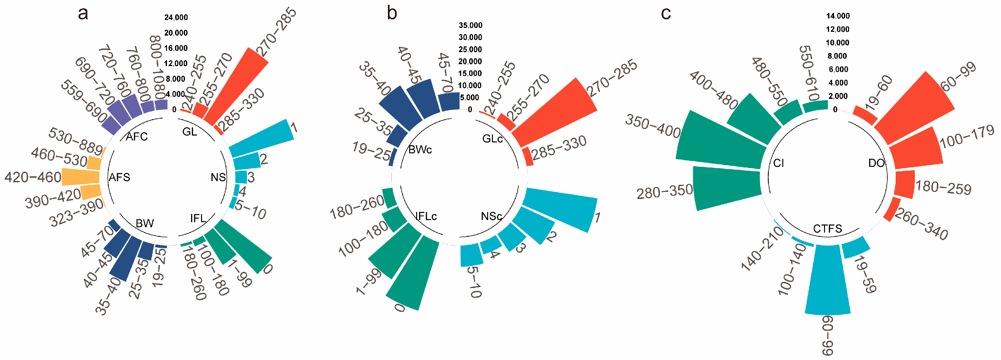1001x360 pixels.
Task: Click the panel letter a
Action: pyautogui.click(x=83, y=14)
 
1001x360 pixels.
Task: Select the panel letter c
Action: pyautogui.click(x=666, y=14)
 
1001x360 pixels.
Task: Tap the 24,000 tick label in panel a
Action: pyautogui.click(x=176, y=17)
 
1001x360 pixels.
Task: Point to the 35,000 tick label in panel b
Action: pyautogui.click(x=470, y=25)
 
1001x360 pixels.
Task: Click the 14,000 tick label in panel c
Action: pyautogui.click(x=838, y=16)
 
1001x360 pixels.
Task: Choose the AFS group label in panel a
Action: pyautogui.click(x=119, y=177)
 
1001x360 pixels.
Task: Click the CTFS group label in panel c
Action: pyautogui.click(x=827, y=229)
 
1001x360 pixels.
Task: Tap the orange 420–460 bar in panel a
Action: pyautogui.click(x=81, y=176)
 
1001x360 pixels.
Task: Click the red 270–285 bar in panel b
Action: pyautogui.click(x=556, y=109)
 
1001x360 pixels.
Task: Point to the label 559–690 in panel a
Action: pyautogui.click(x=83, y=102)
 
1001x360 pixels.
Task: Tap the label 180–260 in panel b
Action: pyautogui.click(x=357, y=207)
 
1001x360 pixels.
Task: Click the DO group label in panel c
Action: pyautogui.click(x=876, y=163)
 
